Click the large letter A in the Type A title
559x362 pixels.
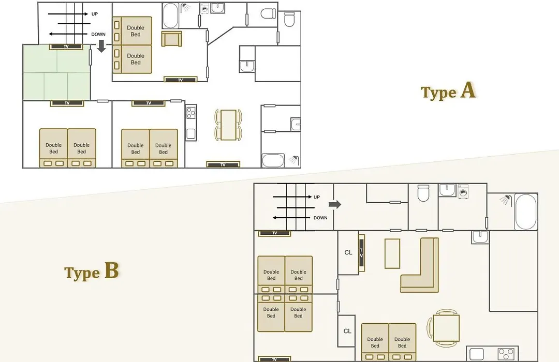click(468, 90)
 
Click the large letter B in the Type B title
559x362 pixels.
click(111, 270)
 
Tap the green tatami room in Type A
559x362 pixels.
click(57, 72)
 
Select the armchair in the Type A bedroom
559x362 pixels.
click(171, 38)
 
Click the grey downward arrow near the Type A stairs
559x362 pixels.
click(101, 46)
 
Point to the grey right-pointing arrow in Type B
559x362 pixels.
click(335, 204)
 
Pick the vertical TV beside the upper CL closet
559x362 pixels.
click(361, 253)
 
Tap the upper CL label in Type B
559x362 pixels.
click(348, 252)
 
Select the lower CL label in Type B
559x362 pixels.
click(347, 331)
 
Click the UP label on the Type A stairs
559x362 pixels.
click(95, 14)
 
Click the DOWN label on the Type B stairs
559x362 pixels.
click(320, 218)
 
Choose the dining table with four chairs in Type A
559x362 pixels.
click(228, 125)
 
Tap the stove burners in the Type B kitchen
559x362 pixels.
click(506, 354)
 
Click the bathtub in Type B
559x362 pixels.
click(525, 212)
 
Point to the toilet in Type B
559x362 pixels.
click(423, 193)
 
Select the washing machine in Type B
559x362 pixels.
click(463, 191)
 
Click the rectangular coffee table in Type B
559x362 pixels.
click(392, 253)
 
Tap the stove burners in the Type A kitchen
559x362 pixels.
click(190, 113)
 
